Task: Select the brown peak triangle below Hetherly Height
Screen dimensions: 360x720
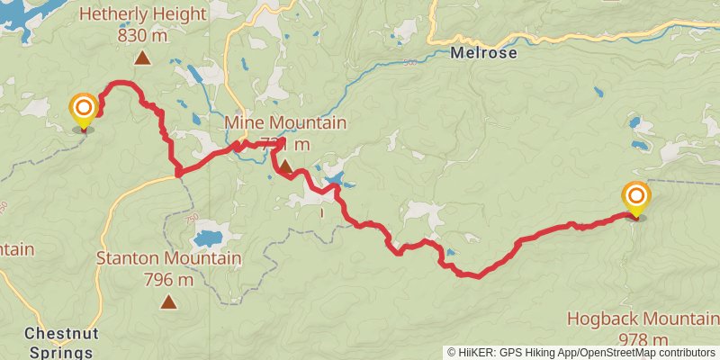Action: tap(141, 59)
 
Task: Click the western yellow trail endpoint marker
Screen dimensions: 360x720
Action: tap(84, 110)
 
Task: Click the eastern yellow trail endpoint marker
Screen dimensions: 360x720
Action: tap(636, 198)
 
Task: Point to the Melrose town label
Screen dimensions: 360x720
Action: tap(484, 53)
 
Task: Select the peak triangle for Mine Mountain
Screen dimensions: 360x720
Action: tap(285, 166)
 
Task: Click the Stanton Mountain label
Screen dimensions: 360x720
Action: tap(168, 259)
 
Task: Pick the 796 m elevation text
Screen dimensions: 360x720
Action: tap(168, 279)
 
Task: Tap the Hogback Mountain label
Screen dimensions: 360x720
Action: tap(643, 319)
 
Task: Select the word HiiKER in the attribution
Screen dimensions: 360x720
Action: tap(479, 353)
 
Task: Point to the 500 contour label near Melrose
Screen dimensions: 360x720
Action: tap(411, 63)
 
